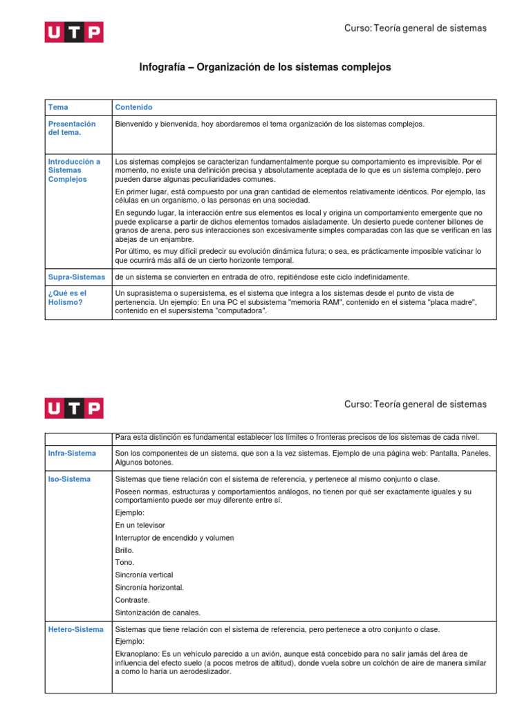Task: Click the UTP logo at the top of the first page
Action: click(x=74, y=32)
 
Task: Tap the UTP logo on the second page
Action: click(x=74, y=408)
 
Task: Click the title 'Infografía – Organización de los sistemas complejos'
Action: click(x=265, y=67)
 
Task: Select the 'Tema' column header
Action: click(x=58, y=107)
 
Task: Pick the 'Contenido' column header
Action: click(x=133, y=107)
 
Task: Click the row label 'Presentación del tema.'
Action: click(x=72, y=128)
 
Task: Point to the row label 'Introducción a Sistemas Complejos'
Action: click(x=74, y=170)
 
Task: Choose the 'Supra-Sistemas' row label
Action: click(x=77, y=277)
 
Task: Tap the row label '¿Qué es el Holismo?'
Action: click(x=67, y=297)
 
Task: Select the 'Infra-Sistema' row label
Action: click(x=72, y=453)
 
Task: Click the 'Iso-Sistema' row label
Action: click(x=69, y=478)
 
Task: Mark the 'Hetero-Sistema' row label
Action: click(x=75, y=629)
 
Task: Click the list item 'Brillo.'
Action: click(x=124, y=550)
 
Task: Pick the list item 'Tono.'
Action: click(x=124, y=562)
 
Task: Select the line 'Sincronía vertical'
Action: click(x=144, y=575)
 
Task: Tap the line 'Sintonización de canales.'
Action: click(x=158, y=612)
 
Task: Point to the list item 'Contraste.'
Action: click(x=132, y=599)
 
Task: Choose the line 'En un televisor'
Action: click(x=140, y=525)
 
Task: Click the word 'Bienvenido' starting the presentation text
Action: click(x=133, y=124)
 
